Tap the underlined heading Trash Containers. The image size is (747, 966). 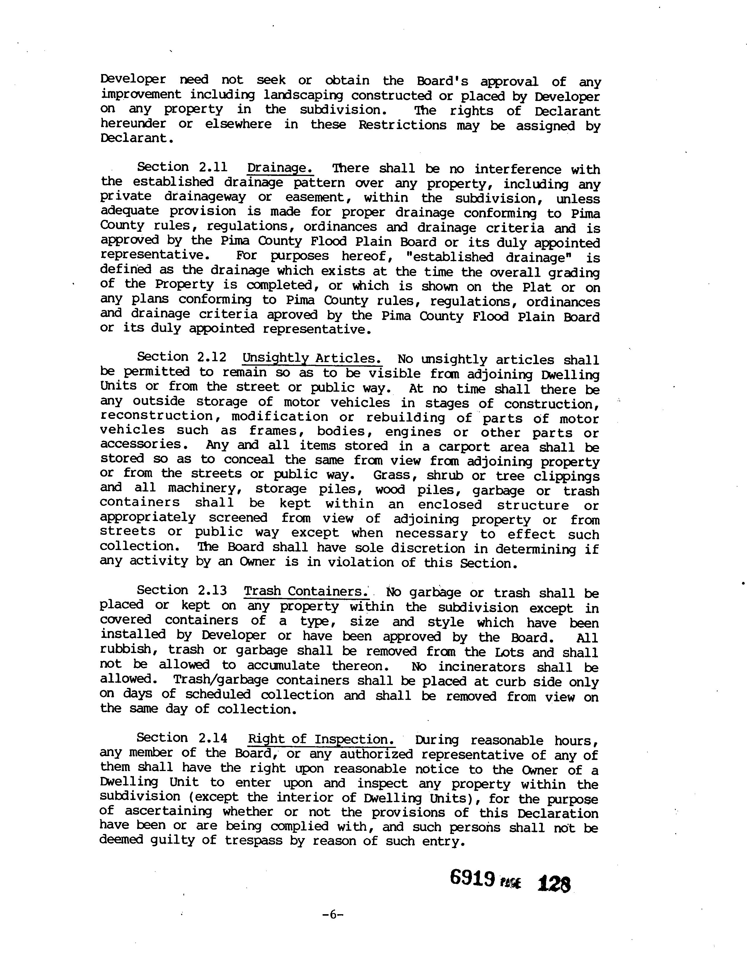(306, 591)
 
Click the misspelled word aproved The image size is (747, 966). (292, 315)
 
